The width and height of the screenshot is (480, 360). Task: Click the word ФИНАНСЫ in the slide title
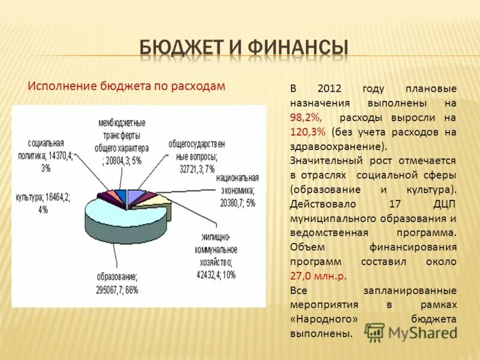301,48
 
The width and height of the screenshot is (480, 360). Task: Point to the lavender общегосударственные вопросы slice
137,195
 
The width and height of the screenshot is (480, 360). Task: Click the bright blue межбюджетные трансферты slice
121,195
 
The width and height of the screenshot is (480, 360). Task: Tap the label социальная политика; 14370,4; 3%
49,155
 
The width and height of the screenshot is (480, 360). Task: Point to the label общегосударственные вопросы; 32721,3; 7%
196,154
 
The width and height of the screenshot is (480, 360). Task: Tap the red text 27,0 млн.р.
319,276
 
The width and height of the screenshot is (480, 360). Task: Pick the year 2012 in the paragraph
329,89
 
